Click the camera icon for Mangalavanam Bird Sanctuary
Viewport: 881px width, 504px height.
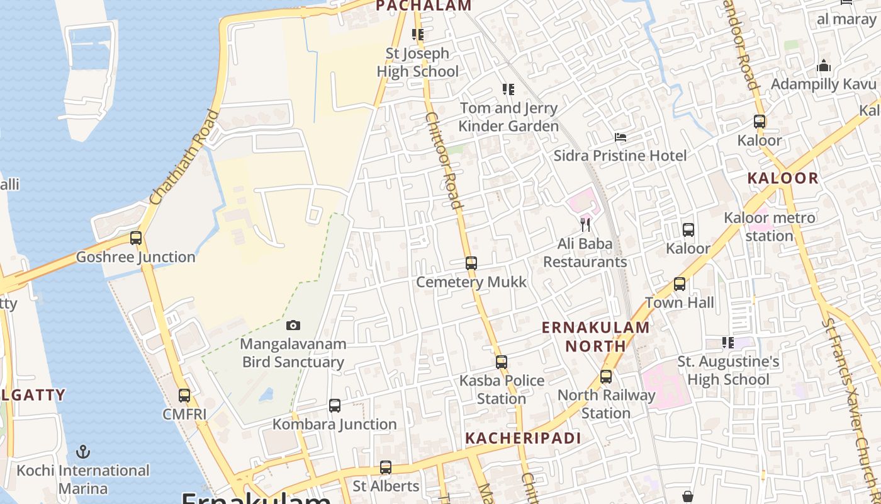coord(293,326)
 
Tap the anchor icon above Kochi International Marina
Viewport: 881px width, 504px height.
coord(82,452)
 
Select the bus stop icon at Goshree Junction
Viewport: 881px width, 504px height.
coord(136,238)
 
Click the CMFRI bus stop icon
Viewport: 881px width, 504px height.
coord(184,396)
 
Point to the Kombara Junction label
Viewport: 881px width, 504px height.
coord(334,424)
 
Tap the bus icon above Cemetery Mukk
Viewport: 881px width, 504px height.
coord(471,263)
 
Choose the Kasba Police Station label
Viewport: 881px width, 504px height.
coord(502,389)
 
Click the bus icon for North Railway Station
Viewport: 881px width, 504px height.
coord(606,377)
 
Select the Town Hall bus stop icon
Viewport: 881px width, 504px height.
coord(680,284)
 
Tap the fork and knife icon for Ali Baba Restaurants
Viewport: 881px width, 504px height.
coord(585,224)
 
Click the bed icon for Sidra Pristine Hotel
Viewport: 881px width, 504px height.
coord(620,137)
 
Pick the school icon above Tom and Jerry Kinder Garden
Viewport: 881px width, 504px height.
coord(508,89)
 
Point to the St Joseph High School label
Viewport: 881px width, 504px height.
coord(418,62)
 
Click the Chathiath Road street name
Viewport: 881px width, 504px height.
coord(185,157)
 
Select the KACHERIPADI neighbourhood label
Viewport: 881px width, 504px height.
coord(522,438)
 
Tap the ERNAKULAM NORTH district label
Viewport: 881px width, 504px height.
coord(595,336)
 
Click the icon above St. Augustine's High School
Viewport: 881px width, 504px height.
coord(728,343)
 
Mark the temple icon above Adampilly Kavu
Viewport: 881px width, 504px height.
coord(824,66)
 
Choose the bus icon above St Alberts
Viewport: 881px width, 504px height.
coord(386,467)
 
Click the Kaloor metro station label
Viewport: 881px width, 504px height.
coord(769,227)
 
